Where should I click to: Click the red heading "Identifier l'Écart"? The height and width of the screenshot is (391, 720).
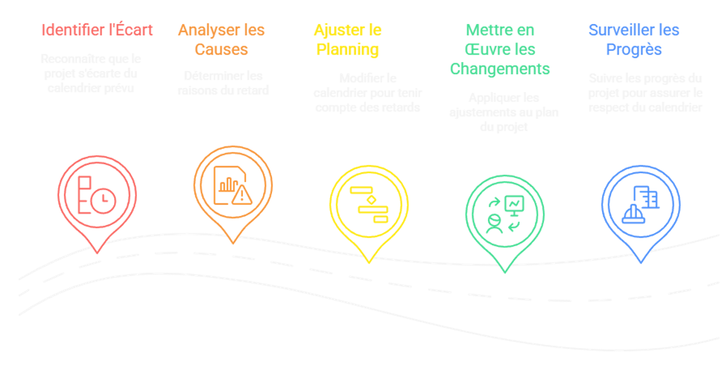pos(97,30)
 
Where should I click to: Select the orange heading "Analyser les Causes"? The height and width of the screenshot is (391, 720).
pos(221,39)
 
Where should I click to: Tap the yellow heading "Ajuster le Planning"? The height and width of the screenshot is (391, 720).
pos(347,39)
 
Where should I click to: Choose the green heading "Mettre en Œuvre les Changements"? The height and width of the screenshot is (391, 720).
pos(500,49)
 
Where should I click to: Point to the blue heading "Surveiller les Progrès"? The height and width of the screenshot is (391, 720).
pos(634,39)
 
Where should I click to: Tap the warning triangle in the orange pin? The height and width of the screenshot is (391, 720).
pos(241,196)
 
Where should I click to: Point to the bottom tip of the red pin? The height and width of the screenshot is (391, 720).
pos(97,252)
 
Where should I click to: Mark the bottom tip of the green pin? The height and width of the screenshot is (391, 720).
pos(505,272)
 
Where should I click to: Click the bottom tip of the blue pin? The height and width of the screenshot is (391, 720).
pos(641,262)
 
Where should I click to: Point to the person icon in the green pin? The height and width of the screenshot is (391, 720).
pos(494,223)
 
